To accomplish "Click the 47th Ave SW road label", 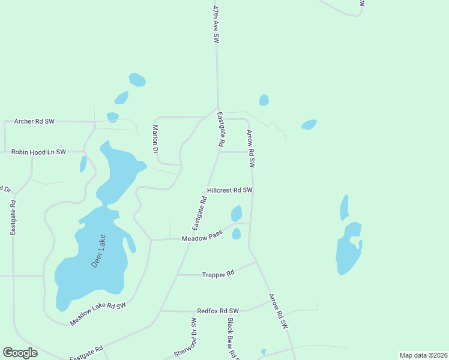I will pyautogui.click(x=216, y=24).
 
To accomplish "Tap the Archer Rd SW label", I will pyautogui.click(x=34, y=121).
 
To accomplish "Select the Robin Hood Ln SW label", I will pyautogui.click(x=38, y=152).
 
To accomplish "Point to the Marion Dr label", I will pyautogui.click(x=155, y=140).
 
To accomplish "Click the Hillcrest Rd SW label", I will pyautogui.click(x=230, y=190).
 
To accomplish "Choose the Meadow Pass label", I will pyautogui.click(x=202, y=238).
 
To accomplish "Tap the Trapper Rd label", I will pyautogui.click(x=218, y=274).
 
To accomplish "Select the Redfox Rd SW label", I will pyautogui.click(x=218, y=311).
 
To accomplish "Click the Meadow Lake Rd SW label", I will pyautogui.click(x=98, y=314).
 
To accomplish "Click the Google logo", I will pyautogui.click(x=20, y=353).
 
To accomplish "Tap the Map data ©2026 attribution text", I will pyautogui.click(x=423, y=355).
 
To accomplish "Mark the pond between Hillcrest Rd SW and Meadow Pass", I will pyautogui.click(x=237, y=213).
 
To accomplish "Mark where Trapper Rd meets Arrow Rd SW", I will pyautogui.click(x=257, y=262).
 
